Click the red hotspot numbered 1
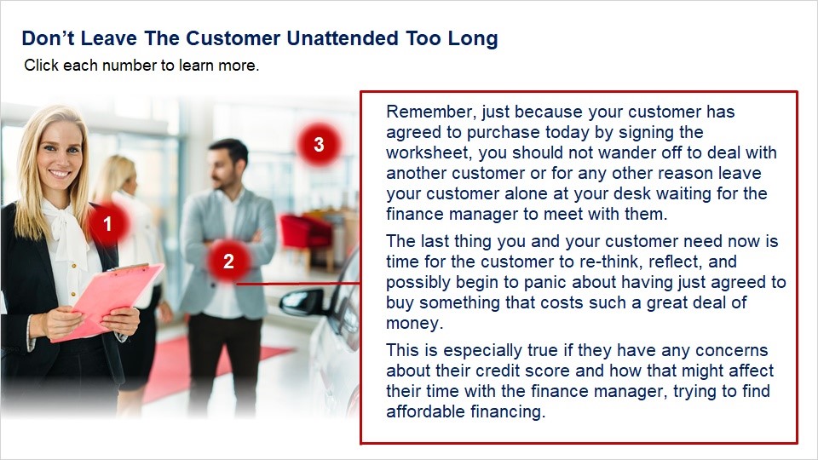(x=107, y=224)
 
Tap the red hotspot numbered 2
(x=228, y=261)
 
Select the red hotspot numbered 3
(x=319, y=145)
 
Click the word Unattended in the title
(x=343, y=38)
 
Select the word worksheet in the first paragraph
(x=429, y=152)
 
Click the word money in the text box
(x=414, y=324)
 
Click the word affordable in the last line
(x=426, y=411)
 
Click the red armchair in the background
(x=306, y=232)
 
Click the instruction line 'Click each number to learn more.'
(x=141, y=66)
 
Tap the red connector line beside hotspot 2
(x=298, y=284)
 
